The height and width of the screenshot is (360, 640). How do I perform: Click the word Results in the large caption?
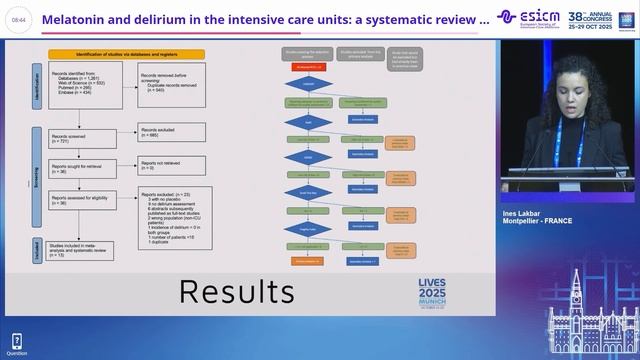pos(236,291)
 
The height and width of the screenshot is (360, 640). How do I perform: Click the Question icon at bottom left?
pos(17,342)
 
